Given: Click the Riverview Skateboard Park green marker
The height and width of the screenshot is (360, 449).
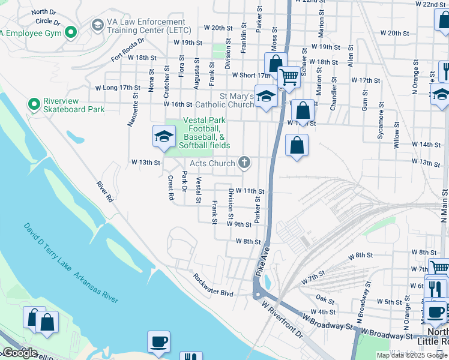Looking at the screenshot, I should pyautogui.click(x=34, y=104).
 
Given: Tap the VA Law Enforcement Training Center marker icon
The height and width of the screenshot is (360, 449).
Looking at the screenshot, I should pyautogui.click(x=97, y=25).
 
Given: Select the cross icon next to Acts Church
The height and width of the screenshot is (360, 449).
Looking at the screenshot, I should pyautogui.click(x=244, y=162).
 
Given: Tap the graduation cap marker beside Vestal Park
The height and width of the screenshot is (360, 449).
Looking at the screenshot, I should pyautogui.click(x=164, y=137).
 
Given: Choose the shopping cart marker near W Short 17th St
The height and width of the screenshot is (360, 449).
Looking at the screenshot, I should pyautogui.click(x=289, y=76).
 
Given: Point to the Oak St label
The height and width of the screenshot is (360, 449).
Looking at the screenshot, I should pyautogui.click(x=325, y=298).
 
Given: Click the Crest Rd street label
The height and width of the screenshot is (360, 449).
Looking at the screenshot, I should pyautogui.click(x=170, y=188).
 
